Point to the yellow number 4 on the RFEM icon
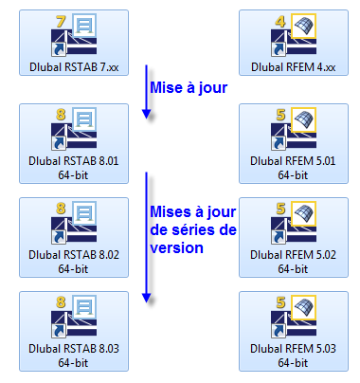pos(282,19)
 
